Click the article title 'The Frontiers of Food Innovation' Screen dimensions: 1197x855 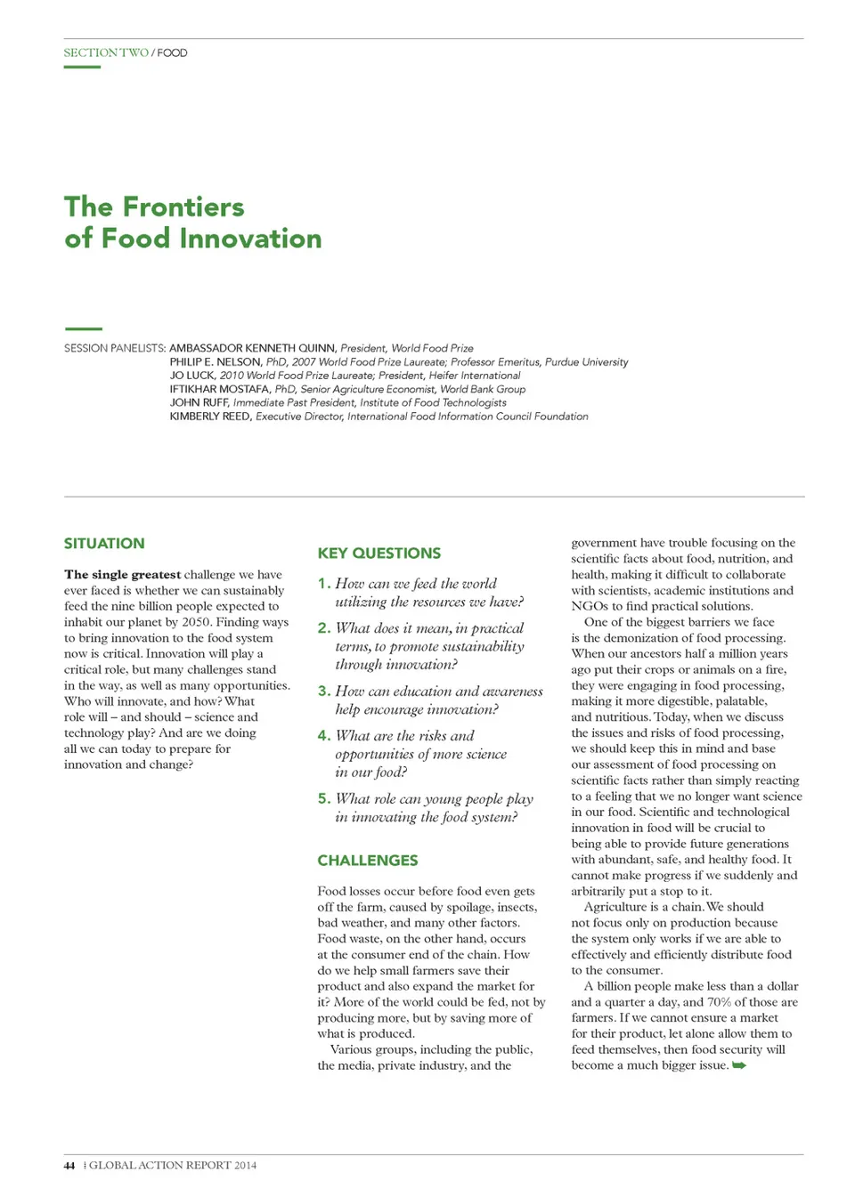[x=192, y=222]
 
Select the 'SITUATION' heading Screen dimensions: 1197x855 [x=104, y=544]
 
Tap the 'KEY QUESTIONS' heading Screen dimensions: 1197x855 [x=379, y=554]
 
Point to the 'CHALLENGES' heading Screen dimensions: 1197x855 [x=367, y=861]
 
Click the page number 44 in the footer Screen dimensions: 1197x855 [x=69, y=1165]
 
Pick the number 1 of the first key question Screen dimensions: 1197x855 [x=323, y=584]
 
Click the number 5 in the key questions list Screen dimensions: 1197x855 [x=323, y=798]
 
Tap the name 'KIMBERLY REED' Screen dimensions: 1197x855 [x=210, y=417]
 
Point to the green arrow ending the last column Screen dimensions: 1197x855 [x=739, y=1065]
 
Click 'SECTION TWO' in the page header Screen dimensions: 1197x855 [x=106, y=53]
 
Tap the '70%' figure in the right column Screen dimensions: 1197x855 [x=719, y=1002]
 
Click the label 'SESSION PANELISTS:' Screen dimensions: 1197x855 [x=115, y=348]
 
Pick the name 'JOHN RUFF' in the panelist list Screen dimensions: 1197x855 [x=199, y=402]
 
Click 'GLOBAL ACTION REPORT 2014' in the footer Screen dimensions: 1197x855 [x=173, y=1165]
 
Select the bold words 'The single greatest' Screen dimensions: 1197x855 [x=122, y=575]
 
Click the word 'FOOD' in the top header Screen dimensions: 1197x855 [x=173, y=53]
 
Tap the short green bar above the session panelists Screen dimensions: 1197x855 [x=83, y=329]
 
